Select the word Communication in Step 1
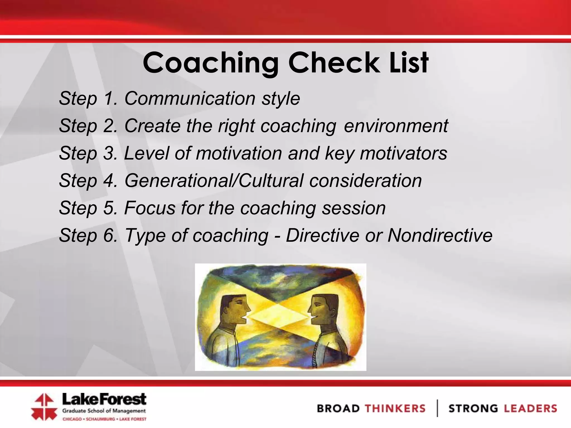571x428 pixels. [190, 99]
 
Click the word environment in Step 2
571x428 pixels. [396, 126]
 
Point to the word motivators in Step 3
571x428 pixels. [403, 153]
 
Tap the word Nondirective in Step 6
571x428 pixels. [440, 235]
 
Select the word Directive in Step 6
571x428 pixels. [323, 235]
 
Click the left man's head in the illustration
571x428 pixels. [234, 309]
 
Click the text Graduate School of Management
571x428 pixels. [104, 411]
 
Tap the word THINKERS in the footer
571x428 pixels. [395, 408]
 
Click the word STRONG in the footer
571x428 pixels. [473, 408]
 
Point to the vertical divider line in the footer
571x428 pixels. [437, 408]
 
